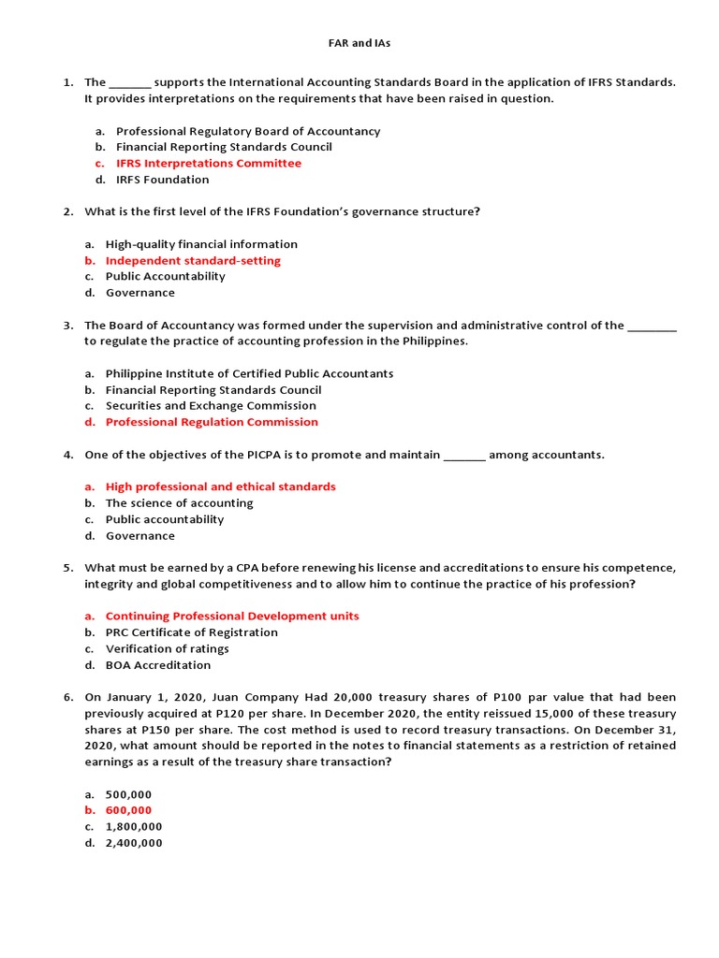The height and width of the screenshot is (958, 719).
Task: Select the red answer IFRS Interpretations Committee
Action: [209, 163]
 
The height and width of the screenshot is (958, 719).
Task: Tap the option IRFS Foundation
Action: [163, 180]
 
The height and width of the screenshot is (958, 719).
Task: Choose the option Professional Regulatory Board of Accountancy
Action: [248, 131]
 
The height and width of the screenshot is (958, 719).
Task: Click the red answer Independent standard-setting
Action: [193, 260]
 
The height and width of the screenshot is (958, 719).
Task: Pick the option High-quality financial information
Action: [201, 244]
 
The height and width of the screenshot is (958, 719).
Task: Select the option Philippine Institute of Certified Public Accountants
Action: [249, 373]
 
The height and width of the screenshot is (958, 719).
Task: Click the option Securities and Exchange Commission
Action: [211, 406]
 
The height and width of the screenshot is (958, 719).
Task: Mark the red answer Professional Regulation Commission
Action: [212, 422]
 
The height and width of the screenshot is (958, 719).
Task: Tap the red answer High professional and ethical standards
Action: [220, 486]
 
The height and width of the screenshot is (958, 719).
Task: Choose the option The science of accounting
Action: [179, 503]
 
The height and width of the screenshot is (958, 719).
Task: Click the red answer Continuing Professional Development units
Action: [232, 617]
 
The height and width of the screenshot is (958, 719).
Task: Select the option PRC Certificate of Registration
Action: [191, 632]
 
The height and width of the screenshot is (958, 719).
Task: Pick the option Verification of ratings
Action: [167, 649]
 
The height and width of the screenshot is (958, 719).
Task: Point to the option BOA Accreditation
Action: [158, 665]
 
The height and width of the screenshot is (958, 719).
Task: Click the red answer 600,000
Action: [128, 810]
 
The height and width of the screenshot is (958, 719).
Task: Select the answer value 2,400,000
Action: [134, 843]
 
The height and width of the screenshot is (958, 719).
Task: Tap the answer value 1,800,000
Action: [134, 827]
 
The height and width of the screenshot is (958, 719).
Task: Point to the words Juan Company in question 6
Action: [257, 698]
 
